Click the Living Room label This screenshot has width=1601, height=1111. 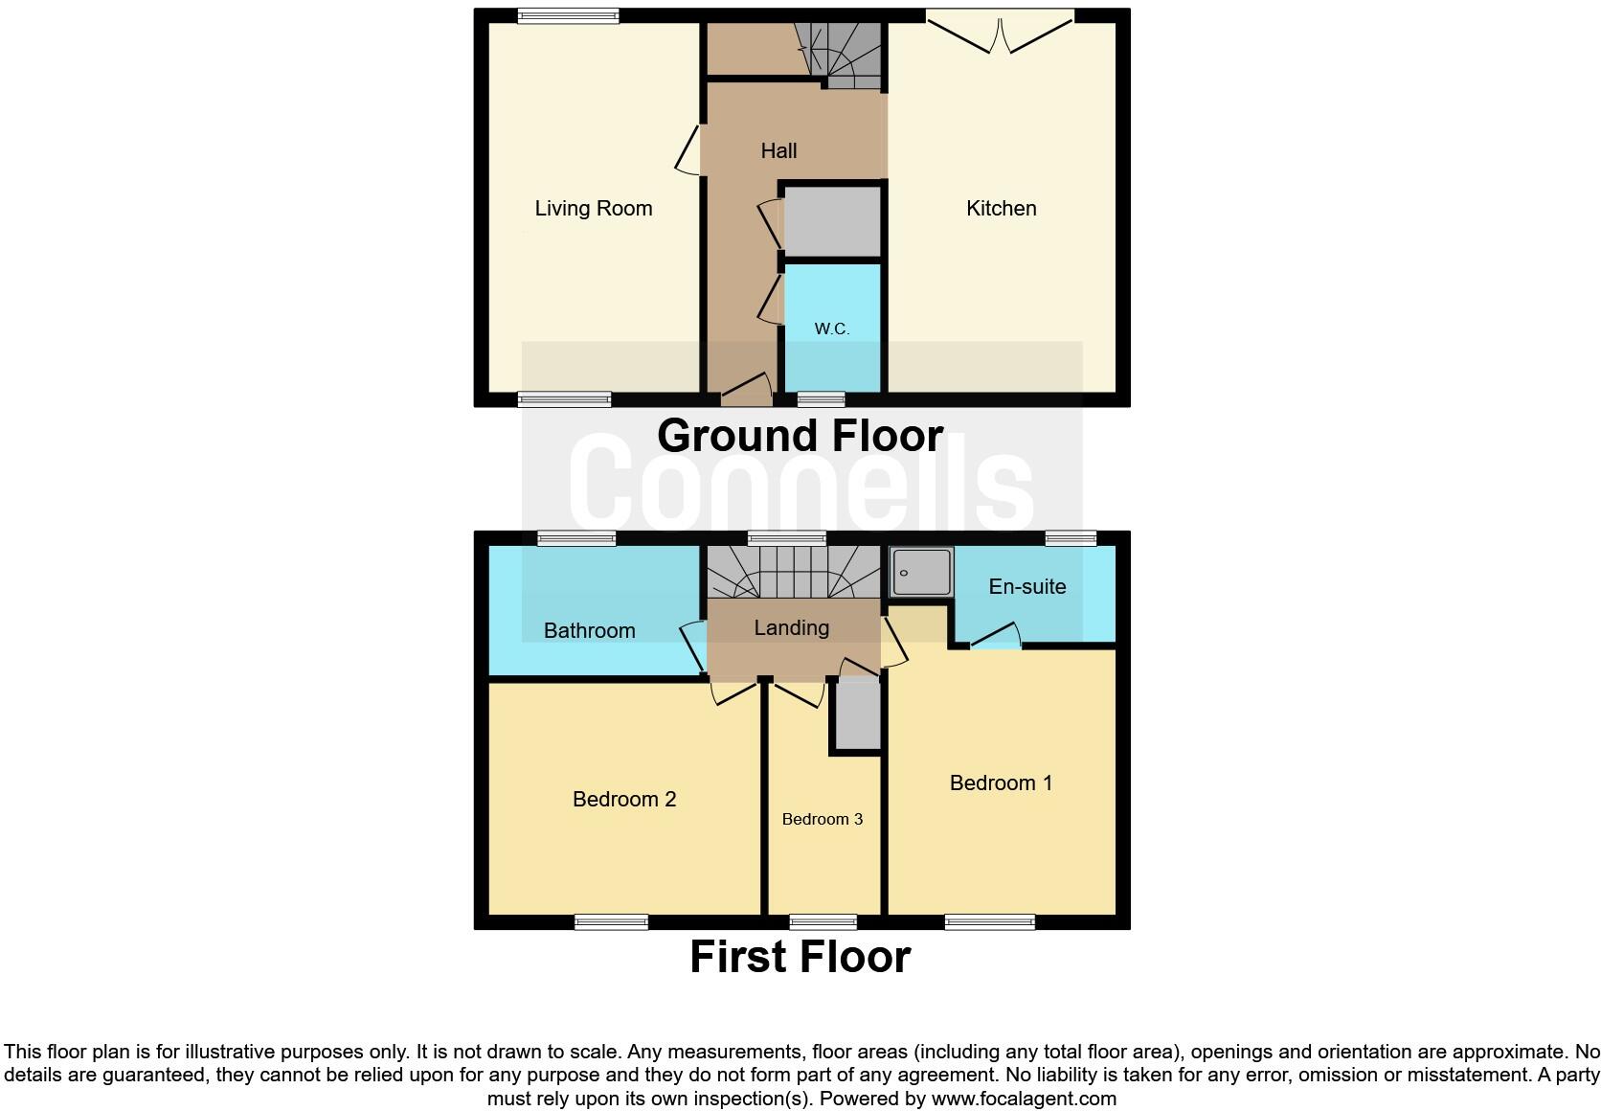click(x=593, y=209)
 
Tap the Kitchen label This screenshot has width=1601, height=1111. click(x=1001, y=209)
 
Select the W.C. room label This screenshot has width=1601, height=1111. click(x=831, y=329)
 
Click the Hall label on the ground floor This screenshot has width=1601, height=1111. click(x=778, y=150)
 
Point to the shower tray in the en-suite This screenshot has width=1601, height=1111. click(x=921, y=573)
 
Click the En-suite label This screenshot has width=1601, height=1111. click(x=1026, y=586)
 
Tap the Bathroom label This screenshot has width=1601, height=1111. click(x=589, y=630)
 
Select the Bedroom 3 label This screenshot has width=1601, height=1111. click(x=822, y=819)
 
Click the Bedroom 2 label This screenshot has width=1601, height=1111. click(x=623, y=799)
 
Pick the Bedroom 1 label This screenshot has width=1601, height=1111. click(x=1001, y=782)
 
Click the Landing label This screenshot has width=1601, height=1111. click(x=791, y=627)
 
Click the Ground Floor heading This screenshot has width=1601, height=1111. click(x=800, y=436)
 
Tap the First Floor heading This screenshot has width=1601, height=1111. click(x=800, y=957)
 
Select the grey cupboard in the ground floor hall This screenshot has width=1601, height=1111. click(x=832, y=221)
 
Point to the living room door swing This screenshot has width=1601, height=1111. click(x=688, y=152)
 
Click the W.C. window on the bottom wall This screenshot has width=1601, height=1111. click(x=821, y=398)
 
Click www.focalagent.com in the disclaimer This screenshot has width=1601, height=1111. click(x=1024, y=1099)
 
